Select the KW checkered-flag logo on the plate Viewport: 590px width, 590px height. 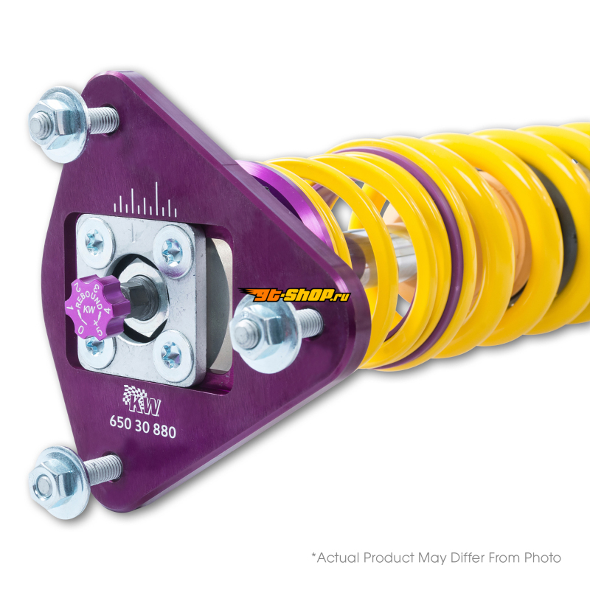click(142, 400)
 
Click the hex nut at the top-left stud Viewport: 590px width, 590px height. click(45, 124)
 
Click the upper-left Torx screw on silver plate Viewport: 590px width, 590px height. click(94, 240)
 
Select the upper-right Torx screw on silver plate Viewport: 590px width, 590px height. click(173, 250)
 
